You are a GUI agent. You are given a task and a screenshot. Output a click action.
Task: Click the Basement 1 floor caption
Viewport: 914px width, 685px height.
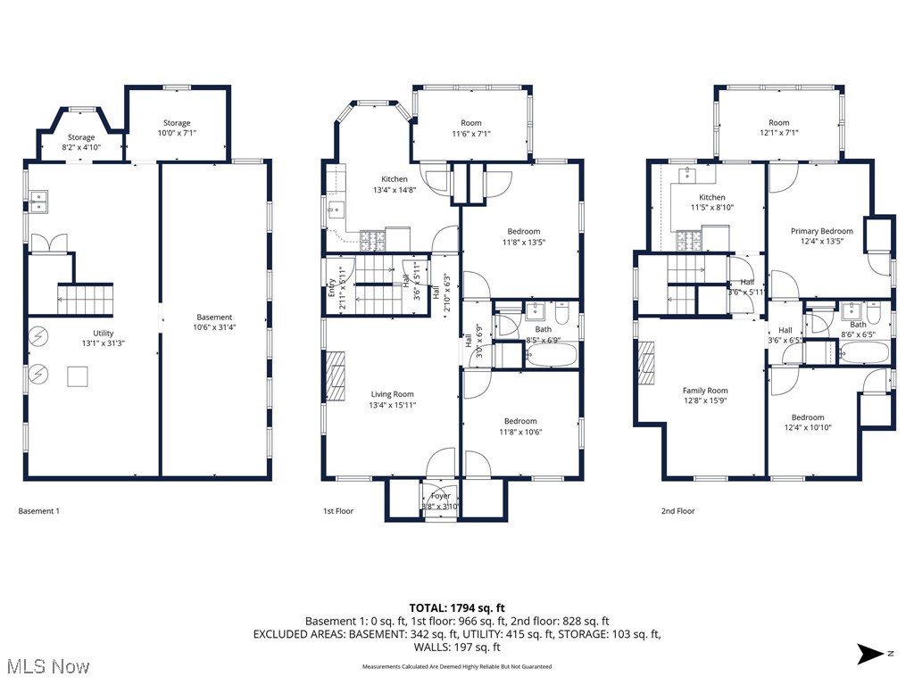pos(39,511)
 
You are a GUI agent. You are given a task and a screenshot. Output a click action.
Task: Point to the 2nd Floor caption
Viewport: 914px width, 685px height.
pos(677,511)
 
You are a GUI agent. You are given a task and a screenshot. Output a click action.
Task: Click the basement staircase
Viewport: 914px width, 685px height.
pos(87,300)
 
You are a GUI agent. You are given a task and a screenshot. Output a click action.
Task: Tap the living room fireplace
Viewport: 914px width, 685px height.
pos(335,378)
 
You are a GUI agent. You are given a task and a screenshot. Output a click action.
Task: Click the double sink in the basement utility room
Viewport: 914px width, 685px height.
pos(38,201)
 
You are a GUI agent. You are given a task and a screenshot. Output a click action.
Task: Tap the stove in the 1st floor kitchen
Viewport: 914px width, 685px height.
pos(372,238)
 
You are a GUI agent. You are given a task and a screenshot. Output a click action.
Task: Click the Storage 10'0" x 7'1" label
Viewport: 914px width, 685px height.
pos(177,128)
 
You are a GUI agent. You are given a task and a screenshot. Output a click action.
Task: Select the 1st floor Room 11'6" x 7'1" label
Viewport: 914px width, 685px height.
pos(471,128)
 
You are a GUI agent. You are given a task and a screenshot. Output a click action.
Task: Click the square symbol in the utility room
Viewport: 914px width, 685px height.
pos(79,377)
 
